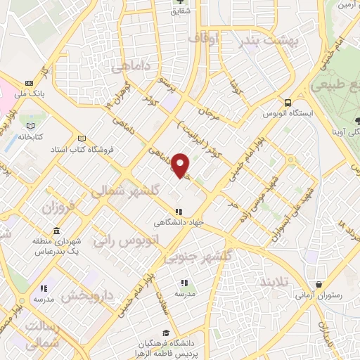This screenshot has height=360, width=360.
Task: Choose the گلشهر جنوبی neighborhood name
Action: click(x=198, y=257)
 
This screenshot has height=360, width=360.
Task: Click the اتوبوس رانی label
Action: click(x=126, y=239)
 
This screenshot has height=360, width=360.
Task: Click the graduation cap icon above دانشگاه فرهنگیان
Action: click(x=165, y=333)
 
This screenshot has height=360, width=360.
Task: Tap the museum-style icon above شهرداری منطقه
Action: click(x=56, y=231)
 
